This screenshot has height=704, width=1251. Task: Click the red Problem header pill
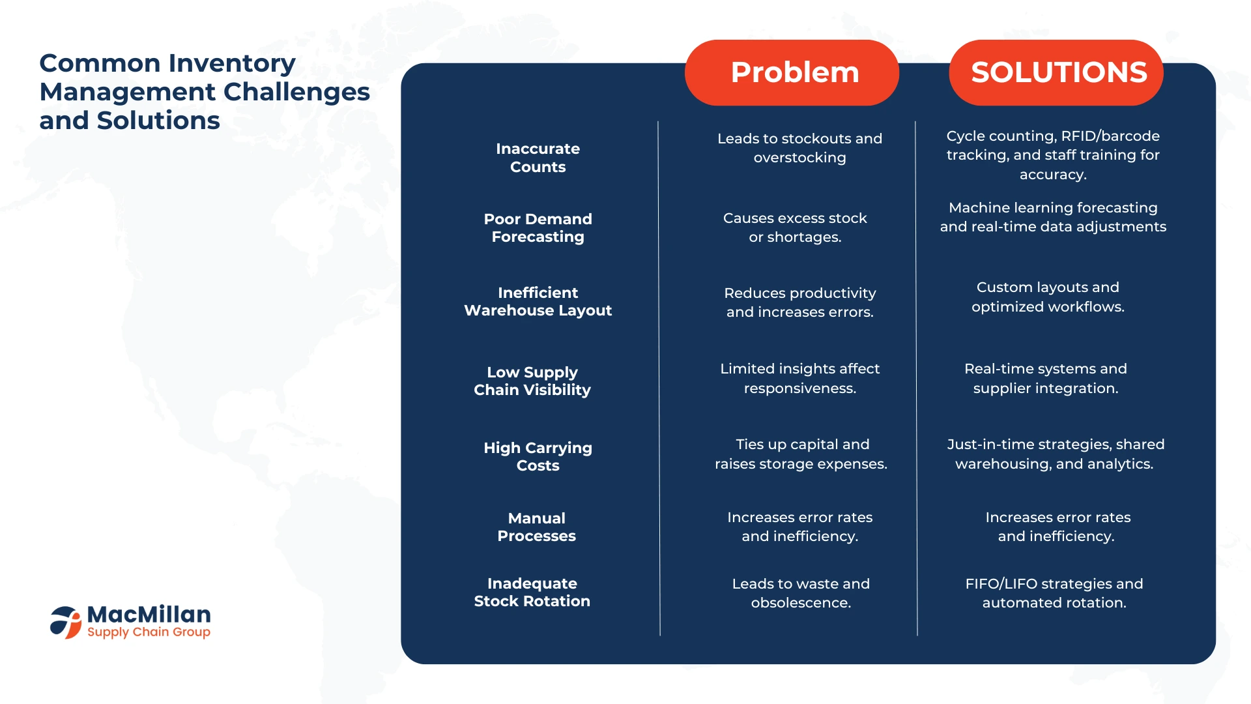792,72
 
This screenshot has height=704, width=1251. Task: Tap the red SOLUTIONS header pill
1056,72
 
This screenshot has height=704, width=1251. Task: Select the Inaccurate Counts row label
538,158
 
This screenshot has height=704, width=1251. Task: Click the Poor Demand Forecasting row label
538,227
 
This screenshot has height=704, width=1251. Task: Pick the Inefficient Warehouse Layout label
538,301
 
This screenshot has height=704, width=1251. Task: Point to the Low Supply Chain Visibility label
532,381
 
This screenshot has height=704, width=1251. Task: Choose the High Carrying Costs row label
538,456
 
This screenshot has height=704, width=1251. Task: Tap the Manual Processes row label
536,527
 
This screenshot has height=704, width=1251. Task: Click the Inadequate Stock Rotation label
532,592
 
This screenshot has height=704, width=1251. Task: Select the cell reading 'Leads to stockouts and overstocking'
799,148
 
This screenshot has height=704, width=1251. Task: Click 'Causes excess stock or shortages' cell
795,227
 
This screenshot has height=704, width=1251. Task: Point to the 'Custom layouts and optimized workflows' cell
1048,297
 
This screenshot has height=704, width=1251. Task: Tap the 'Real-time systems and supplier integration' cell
1046,378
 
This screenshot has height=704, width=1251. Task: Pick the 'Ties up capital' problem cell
801,454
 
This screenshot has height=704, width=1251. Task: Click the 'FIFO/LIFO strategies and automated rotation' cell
1054,593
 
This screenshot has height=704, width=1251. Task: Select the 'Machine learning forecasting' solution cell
1053,217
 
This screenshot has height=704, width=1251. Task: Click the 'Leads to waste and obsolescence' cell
801,593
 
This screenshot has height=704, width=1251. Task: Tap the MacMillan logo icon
66,622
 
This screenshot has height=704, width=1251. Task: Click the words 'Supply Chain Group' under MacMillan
149,632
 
